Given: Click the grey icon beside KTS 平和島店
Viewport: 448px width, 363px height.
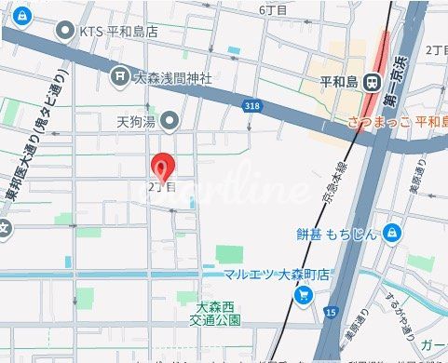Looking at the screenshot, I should point(65,31).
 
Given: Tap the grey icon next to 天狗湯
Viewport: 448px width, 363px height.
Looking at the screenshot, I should point(170,119).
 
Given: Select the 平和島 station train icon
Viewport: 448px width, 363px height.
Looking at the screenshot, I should point(373,82).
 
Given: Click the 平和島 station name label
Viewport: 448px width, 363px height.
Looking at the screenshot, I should point(339,82).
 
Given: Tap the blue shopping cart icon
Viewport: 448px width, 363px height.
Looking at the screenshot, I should point(304,296).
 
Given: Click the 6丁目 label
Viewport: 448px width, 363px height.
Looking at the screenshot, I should point(274,9).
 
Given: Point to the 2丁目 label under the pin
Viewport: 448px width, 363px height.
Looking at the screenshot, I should point(161,186).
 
